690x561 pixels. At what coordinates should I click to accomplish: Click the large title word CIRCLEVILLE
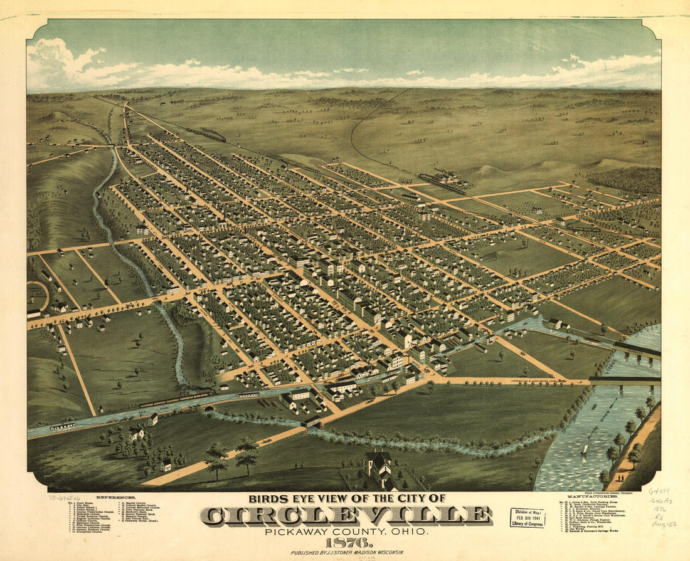point(346,516)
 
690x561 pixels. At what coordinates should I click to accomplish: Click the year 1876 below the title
point(345,542)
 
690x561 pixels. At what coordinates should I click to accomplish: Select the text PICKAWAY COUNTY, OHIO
point(346,532)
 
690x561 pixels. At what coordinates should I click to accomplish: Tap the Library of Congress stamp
point(528,517)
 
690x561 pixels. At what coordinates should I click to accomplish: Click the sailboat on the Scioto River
point(585,449)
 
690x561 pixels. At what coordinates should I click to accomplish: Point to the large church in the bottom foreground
point(378,468)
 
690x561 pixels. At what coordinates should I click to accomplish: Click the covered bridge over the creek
point(312,422)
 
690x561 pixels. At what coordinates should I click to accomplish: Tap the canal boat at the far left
point(63,426)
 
